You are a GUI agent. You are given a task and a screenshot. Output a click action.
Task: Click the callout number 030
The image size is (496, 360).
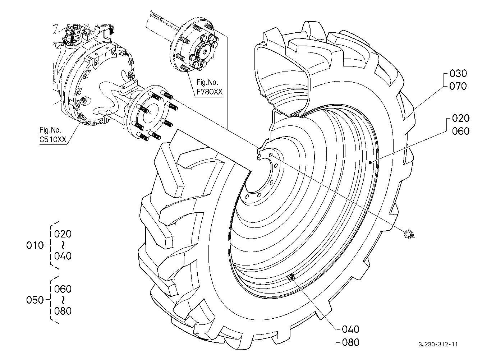coord(458,74)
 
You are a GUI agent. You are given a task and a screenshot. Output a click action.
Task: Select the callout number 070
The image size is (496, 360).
coord(458,86)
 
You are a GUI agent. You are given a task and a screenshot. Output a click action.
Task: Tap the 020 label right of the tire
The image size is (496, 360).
coord(461,119)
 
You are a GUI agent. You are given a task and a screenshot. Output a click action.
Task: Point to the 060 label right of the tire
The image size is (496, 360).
coord(461,131)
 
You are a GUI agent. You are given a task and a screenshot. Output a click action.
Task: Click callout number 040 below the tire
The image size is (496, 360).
coord(351,329)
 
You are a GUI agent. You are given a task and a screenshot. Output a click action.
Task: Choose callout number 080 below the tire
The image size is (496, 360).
coord(351,342)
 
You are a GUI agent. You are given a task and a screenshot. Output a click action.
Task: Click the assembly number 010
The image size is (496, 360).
coord(35,245)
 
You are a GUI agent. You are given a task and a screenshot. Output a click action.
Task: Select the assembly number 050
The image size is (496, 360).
coord(35,300)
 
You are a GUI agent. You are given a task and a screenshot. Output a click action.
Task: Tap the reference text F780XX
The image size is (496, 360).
coord(209,92)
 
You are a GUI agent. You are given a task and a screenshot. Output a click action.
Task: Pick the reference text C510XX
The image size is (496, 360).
coord(53,139)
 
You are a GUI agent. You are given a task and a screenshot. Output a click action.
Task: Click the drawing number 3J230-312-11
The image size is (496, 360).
coord(438,345)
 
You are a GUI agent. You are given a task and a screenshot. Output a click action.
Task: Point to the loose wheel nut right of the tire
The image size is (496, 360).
coord(409,235)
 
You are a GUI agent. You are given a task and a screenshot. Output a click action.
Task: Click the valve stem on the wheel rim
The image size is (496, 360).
coord(291,277)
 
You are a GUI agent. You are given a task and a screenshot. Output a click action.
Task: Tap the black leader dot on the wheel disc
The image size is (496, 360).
coord(370,163)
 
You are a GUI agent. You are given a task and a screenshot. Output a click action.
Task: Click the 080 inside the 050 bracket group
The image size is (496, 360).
coord(63,311)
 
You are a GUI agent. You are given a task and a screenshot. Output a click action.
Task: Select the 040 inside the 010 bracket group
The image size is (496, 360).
coord(63,256)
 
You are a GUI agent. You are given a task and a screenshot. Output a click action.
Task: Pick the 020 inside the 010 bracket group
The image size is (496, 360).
coord(63,234)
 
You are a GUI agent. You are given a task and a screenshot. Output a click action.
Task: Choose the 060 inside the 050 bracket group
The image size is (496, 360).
coord(63,289)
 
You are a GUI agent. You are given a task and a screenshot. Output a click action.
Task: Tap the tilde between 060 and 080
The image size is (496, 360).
coord(63,300)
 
